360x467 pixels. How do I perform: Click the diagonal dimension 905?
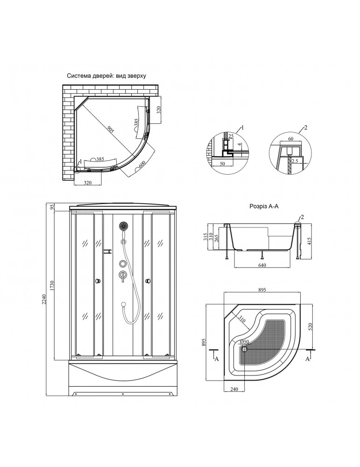[x=110, y=129]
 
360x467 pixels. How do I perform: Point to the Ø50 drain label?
[x=245, y=341]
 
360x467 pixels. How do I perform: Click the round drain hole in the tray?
[x=245, y=347]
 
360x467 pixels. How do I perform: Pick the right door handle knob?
[x=148, y=281]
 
